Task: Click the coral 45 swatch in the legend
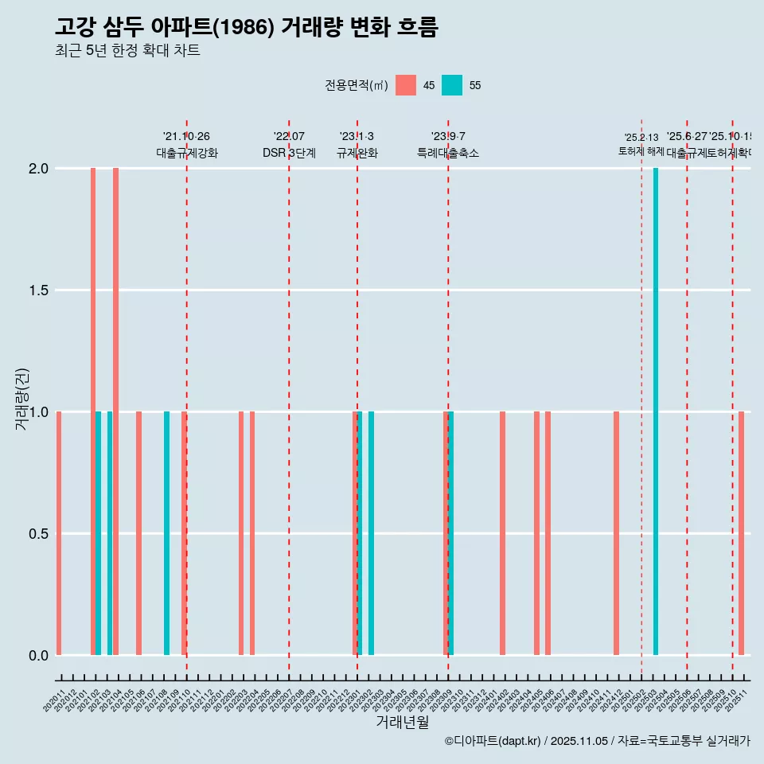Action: [x=406, y=85]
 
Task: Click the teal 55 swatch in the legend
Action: [x=452, y=85]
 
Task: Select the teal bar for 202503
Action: [x=656, y=411]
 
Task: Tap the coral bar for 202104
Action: [x=115, y=411]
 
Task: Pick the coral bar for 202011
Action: [x=59, y=533]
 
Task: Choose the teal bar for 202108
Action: [x=166, y=533]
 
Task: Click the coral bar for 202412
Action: [x=617, y=533]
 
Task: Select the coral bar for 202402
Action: [x=503, y=533]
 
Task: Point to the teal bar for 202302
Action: [x=372, y=533]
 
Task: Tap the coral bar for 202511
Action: [x=741, y=533]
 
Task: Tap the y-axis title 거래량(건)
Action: [x=21, y=398]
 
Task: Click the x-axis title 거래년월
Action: [x=402, y=722]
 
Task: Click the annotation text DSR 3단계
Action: [x=289, y=154]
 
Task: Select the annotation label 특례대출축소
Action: [x=448, y=154]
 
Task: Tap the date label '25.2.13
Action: [x=641, y=138]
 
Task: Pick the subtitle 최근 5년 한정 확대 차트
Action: [x=127, y=51]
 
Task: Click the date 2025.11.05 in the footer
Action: [x=579, y=741]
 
